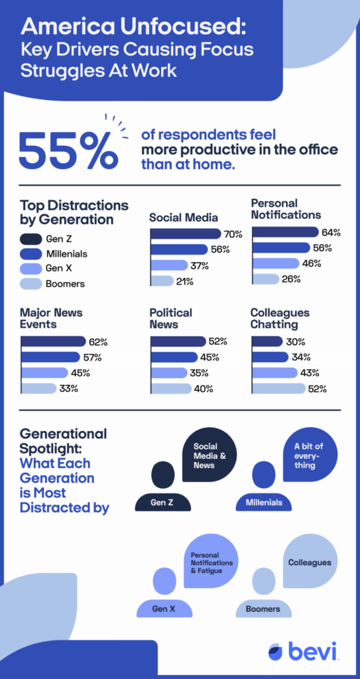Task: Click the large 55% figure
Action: (x=68, y=149)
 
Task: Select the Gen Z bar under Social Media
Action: (x=186, y=234)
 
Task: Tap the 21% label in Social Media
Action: (x=184, y=281)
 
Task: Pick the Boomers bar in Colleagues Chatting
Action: (x=278, y=389)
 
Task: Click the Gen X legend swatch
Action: (x=30, y=269)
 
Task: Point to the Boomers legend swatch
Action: (x=30, y=284)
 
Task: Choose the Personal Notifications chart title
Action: (x=286, y=209)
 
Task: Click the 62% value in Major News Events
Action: (x=98, y=342)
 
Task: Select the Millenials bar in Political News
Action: (x=174, y=357)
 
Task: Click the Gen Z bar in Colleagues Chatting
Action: (x=267, y=341)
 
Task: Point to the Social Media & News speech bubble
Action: (x=210, y=455)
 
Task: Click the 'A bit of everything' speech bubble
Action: (x=310, y=455)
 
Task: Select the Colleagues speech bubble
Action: (x=310, y=561)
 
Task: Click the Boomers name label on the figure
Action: (x=263, y=609)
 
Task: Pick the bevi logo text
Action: (x=312, y=651)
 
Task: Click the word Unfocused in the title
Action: (x=184, y=28)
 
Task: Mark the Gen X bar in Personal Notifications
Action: (x=275, y=263)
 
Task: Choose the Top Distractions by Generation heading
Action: (x=74, y=212)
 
